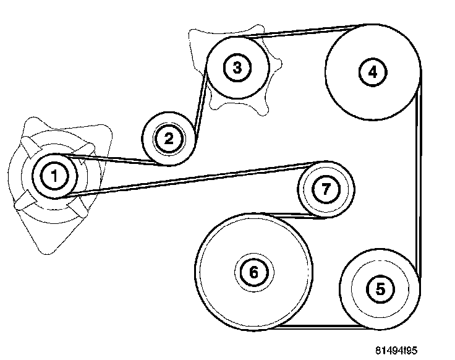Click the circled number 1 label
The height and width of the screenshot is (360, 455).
tap(54, 176)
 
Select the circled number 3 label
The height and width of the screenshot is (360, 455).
tap(237, 67)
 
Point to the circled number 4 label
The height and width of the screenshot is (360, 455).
tap(372, 72)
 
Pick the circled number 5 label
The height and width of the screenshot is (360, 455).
tap(380, 288)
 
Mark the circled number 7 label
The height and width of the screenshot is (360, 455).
tap(325, 189)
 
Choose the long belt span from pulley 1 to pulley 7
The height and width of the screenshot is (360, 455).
tap(185, 179)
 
